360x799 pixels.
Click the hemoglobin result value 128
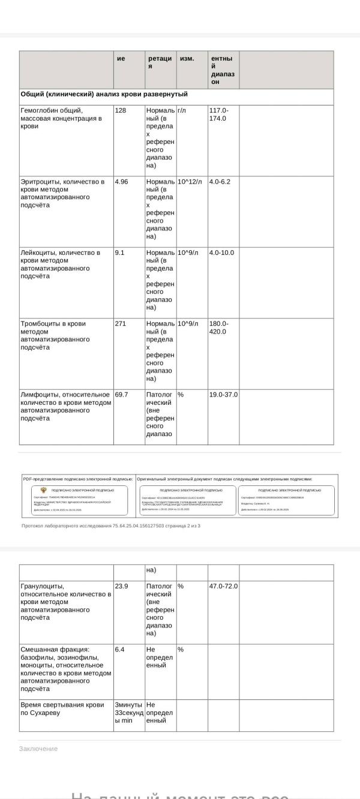(x=121, y=110)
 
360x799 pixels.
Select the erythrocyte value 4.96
(x=122, y=181)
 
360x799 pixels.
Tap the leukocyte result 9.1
(x=120, y=253)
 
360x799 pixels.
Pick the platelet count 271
(x=121, y=323)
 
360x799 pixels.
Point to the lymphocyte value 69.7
(x=122, y=395)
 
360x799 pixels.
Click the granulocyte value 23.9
(x=122, y=586)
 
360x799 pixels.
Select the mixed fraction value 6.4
(x=120, y=649)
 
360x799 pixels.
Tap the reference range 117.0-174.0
(x=218, y=114)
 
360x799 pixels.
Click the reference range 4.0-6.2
(x=220, y=181)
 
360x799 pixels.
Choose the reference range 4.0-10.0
(x=221, y=253)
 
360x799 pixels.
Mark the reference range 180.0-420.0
(x=218, y=328)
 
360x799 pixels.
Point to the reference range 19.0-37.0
(x=223, y=395)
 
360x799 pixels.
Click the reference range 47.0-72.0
(x=223, y=586)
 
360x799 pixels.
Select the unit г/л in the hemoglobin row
(x=182, y=110)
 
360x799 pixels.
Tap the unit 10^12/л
(x=190, y=181)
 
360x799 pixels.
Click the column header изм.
(x=187, y=59)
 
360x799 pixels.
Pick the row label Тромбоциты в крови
(x=53, y=323)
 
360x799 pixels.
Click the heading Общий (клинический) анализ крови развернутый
(x=104, y=94)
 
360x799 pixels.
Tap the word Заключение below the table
(x=38, y=749)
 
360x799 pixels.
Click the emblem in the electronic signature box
(x=43, y=490)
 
